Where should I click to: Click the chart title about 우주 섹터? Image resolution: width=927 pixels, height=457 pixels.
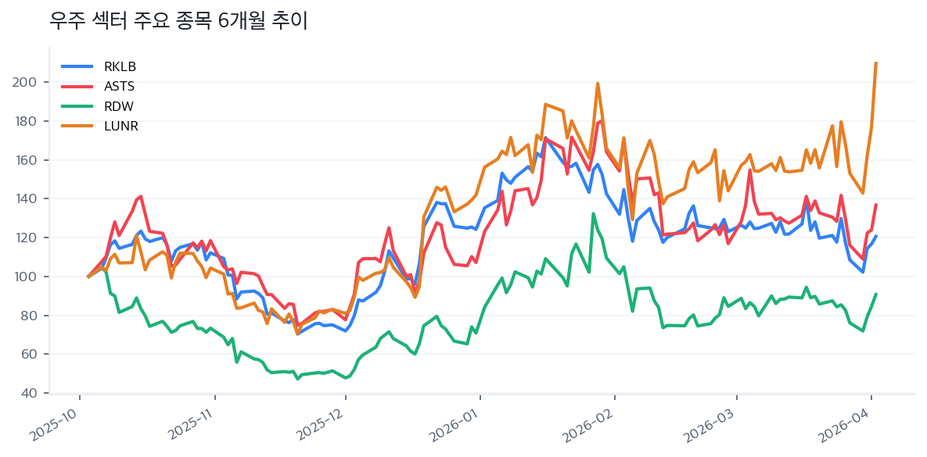[x=178, y=21]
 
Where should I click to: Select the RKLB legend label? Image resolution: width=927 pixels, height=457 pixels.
[x=120, y=66]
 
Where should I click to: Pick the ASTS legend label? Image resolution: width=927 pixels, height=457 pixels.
[x=120, y=86]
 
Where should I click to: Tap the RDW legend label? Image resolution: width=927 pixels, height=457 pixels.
[x=119, y=106]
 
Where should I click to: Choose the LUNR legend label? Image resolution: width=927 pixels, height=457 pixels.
[x=120, y=126]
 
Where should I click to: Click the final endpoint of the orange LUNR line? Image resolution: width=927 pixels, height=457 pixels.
[x=875, y=62]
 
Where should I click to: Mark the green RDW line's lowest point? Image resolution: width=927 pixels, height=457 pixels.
[x=297, y=379]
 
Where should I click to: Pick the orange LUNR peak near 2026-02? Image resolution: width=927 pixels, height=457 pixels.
[x=598, y=84]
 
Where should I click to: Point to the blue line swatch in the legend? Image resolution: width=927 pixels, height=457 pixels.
[x=77, y=66]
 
